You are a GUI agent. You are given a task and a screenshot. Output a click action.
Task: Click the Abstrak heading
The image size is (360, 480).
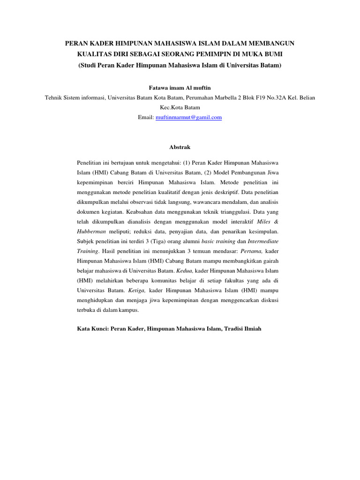[x=180, y=147]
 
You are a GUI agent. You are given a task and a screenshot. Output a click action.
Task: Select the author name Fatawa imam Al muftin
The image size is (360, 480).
[x=180, y=87]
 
